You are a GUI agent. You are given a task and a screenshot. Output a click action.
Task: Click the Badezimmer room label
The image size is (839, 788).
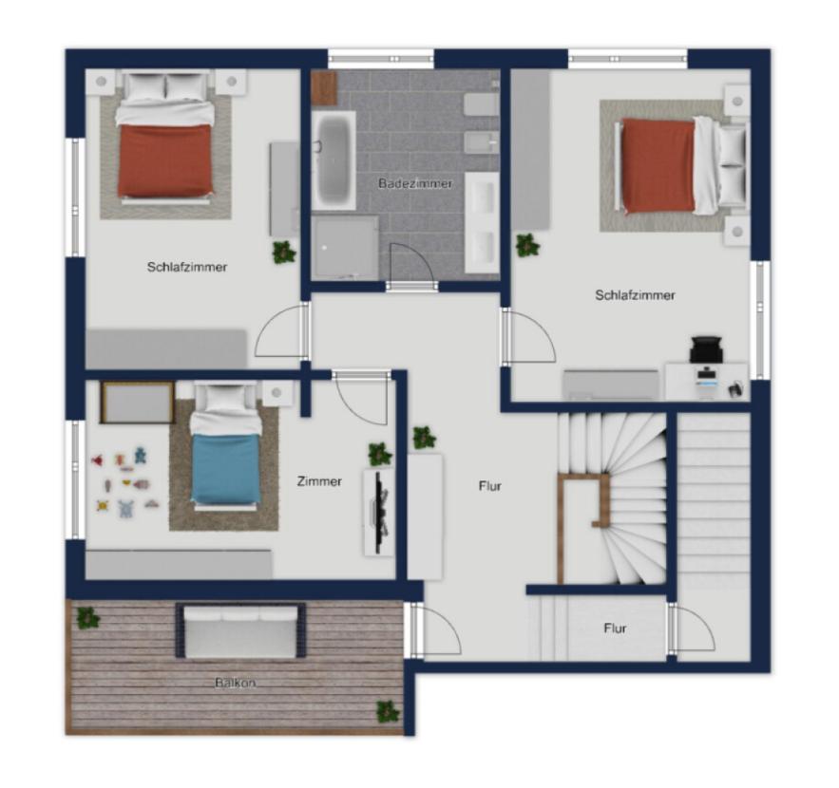click(415, 183)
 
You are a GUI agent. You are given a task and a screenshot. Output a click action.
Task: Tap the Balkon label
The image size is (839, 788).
click(236, 683)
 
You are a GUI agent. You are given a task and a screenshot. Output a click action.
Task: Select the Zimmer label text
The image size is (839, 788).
click(319, 481)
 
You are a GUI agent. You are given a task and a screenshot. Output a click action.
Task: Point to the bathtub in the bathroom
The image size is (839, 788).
click(334, 159)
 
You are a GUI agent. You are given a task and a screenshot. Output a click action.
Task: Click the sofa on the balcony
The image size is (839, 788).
click(240, 629)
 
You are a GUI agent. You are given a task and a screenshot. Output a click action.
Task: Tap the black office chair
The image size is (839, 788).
click(706, 349)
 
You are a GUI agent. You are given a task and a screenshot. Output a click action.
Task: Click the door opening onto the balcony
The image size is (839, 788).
click(433, 629)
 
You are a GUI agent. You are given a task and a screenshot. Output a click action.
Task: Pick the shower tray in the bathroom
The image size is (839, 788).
click(345, 246)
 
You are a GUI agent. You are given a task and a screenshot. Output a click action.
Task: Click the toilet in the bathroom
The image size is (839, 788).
click(481, 104)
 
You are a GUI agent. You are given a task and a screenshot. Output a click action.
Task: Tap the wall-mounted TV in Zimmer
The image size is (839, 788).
click(379, 512)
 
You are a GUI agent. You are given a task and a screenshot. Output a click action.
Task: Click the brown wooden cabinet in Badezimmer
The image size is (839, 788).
click(324, 88)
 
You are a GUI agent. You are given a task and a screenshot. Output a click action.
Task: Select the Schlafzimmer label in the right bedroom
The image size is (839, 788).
click(635, 295)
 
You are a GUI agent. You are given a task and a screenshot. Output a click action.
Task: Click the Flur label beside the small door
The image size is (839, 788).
click(615, 629)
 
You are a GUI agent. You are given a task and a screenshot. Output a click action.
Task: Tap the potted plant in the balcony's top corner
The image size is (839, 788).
click(87, 618)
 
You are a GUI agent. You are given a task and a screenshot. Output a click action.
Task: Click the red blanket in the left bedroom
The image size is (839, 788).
click(164, 160)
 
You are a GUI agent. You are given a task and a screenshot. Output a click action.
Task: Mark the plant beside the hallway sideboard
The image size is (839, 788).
click(425, 438)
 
